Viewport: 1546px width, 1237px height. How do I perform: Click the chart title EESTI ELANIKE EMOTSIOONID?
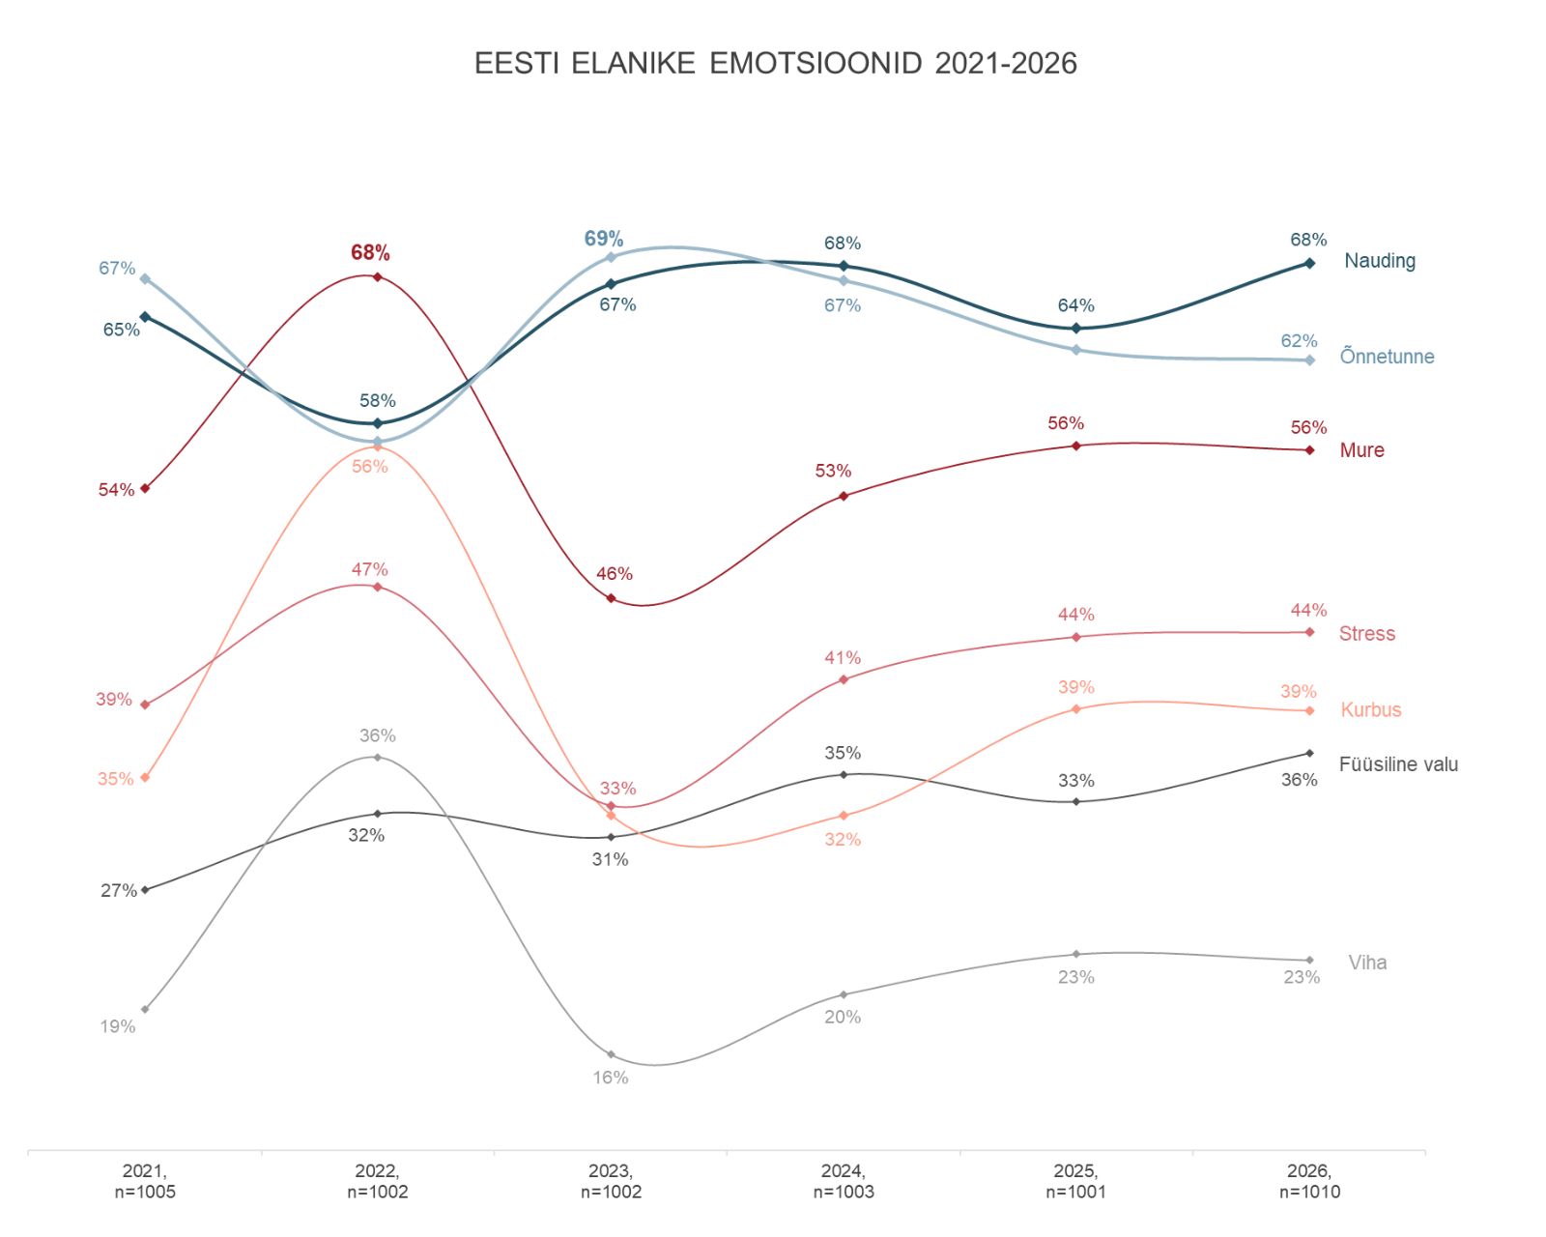coord(775,64)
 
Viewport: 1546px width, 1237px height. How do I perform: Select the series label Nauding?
coord(1379,261)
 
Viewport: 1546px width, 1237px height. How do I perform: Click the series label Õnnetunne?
coord(1386,357)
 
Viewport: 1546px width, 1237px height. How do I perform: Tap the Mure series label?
coord(1361,450)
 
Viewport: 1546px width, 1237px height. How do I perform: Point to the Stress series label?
coord(1366,634)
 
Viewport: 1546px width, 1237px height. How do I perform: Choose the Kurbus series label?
coord(1370,710)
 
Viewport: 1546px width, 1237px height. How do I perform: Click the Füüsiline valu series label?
coord(1398,764)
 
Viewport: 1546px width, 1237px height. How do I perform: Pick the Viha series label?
coord(1367,963)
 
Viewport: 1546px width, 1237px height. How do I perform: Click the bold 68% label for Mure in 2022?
coord(370,253)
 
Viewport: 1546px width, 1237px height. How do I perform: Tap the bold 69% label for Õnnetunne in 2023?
coord(604,239)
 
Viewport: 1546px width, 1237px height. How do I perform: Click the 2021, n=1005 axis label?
coord(145,1181)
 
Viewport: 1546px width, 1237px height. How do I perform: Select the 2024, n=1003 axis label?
coord(844,1181)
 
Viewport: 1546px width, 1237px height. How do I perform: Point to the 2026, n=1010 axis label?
coord(1309,1181)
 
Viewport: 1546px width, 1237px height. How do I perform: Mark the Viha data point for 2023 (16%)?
coord(611,1054)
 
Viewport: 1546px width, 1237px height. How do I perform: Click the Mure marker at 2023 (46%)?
coord(611,598)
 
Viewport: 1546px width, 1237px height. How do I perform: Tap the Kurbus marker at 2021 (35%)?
coord(145,777)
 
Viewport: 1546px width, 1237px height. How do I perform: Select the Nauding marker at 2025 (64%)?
coord(1076,329)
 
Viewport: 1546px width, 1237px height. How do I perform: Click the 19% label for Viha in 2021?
coord(118,1026)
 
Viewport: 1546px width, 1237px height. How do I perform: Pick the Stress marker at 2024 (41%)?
coord(844,679)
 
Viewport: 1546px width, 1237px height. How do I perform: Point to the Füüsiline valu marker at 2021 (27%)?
coord(145,889)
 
